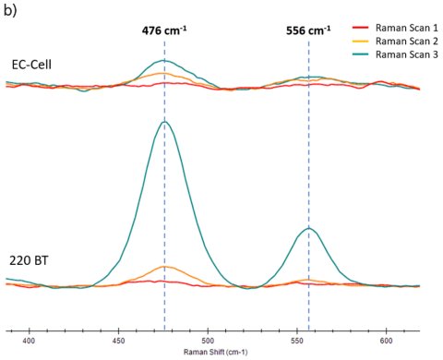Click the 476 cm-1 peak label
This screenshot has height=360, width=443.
coord(164,30)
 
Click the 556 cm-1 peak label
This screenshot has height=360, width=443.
coord(308,30)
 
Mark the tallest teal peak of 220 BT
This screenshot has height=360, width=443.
coord(164,122)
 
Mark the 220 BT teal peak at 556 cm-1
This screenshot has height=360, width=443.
coord(308,228)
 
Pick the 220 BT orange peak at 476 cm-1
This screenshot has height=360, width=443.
coord(165,267)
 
